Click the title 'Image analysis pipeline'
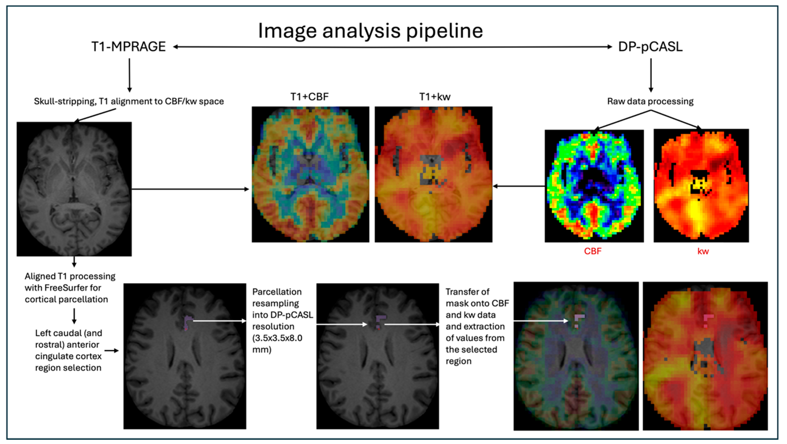(x=370, y=31)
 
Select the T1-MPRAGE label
(x=129, y=47)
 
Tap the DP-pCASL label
(x=650, y=47)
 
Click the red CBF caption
(x=593, y=251)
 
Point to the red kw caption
(x=703, y=251)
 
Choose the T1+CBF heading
(x=309, y=97)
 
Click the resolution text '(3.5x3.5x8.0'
(x=277, y=338)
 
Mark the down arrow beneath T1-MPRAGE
(x=129, y=75)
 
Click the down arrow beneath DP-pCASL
(x=651, y=75)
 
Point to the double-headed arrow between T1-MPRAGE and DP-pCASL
(x=393, y=47)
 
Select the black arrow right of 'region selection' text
(x=112, y=350)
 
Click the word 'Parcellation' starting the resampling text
(x=277, y=292)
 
